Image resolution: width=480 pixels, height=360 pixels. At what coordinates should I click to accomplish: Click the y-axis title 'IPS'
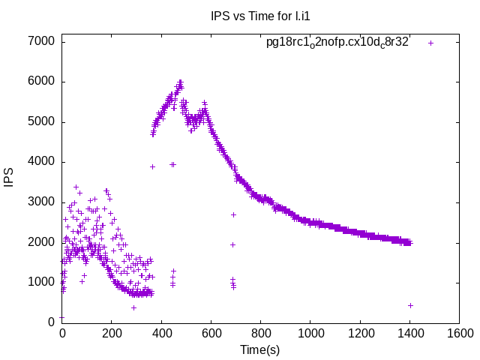(10, 177)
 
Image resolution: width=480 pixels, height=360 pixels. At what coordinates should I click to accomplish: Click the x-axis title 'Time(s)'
(259, 349)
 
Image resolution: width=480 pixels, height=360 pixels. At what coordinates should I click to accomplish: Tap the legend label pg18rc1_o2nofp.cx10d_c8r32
(337, 42)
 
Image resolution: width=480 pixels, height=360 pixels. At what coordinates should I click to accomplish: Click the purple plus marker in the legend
(430, 43)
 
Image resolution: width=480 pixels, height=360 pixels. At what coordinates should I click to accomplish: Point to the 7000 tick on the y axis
(40, 41)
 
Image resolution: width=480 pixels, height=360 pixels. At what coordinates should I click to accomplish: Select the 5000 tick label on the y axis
(40, 121)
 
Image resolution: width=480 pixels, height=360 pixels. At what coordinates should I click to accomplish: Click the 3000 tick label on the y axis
(40, 202)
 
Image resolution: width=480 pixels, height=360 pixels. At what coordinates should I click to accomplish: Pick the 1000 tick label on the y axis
(40, 282)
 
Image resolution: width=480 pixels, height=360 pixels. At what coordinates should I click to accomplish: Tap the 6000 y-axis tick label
(40, 82)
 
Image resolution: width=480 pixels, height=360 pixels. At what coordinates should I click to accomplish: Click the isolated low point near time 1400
(410, 305)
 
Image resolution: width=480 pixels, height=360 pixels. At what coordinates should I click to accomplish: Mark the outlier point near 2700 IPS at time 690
(233, 214)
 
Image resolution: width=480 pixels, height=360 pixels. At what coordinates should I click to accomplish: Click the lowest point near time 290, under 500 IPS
(133, 307)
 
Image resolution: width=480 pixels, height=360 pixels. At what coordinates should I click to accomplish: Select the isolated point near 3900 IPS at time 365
(152, 166)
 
